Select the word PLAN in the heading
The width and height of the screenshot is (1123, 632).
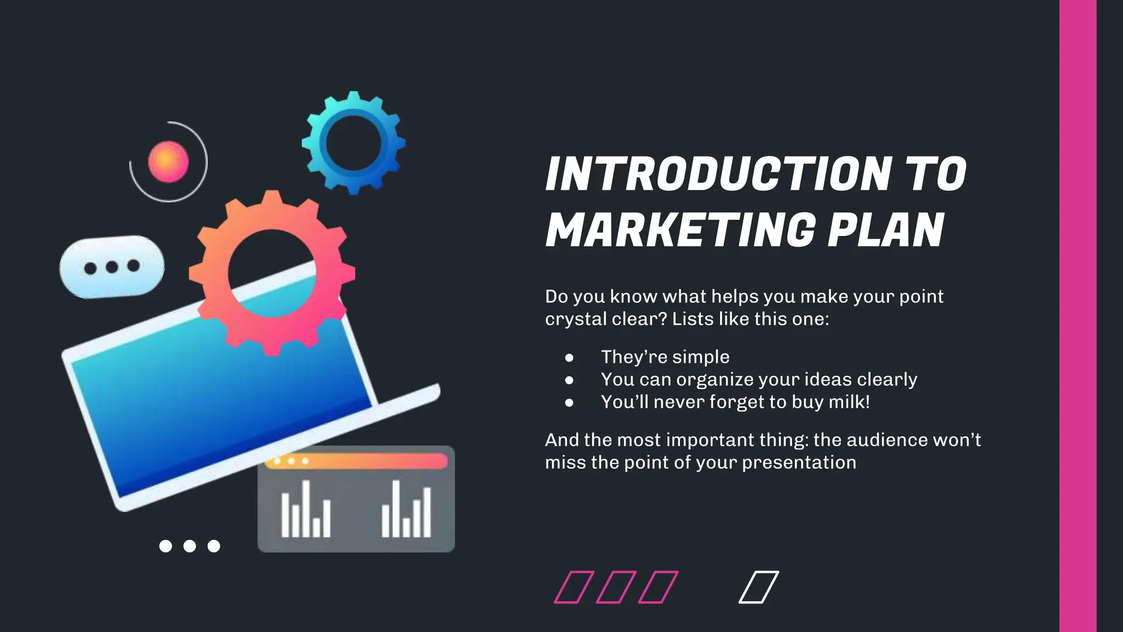886,230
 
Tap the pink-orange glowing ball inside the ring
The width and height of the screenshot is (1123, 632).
168,162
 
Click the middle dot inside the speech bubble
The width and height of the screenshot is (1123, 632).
112,267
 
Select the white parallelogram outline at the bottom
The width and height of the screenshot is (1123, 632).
758,587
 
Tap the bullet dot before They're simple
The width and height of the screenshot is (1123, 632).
569,358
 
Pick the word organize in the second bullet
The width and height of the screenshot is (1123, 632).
707,380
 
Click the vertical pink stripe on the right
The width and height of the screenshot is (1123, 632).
1077,316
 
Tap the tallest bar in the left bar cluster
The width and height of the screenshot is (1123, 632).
306,509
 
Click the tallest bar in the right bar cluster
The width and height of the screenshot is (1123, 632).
396,509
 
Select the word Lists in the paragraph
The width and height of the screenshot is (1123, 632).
693,319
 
